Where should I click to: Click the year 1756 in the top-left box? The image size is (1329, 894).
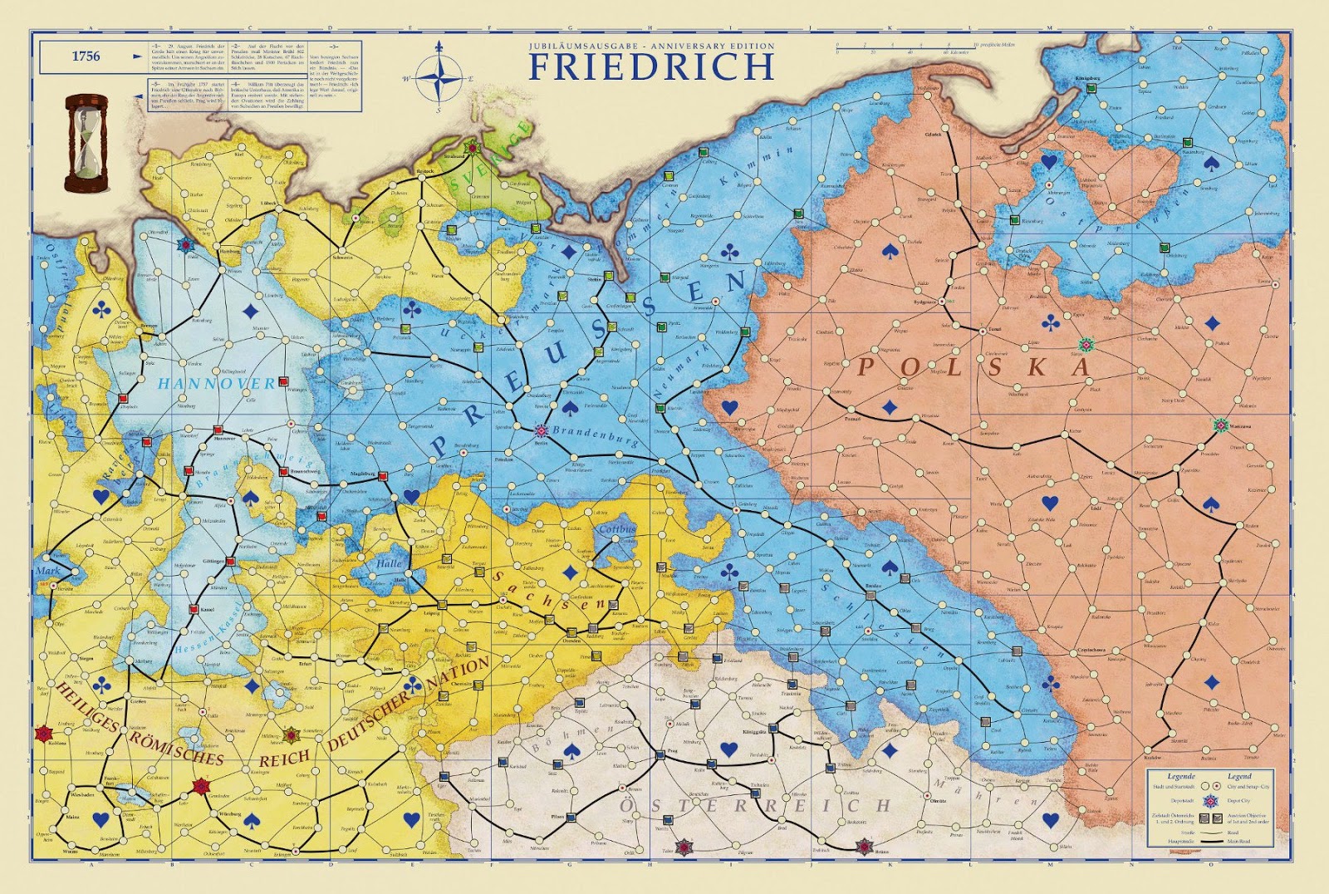tap(86, 56)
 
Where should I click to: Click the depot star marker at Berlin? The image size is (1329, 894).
tap(542, 431)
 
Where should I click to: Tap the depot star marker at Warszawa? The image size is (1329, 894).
tap(1220, 425)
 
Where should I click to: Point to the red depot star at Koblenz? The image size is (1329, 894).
tap(42, 734)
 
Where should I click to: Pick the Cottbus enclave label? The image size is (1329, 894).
tap(616, 529)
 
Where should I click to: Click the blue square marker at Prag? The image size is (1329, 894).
tap(661, 755)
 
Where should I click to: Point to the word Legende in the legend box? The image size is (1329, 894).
tap(1180, 776)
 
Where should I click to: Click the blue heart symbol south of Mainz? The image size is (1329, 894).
tap(101, 819)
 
